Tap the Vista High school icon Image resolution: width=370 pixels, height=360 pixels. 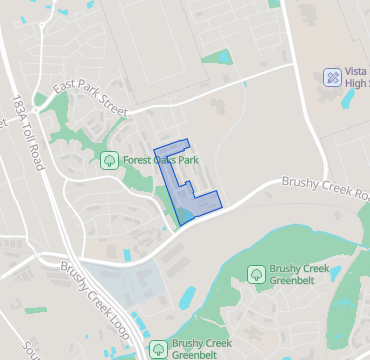pyautogui.click(x=331, y=77)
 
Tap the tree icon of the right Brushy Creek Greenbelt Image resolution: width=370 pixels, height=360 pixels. pyautogui.click(x=256, y=274)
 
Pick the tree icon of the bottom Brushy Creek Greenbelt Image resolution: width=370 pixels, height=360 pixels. pyautogui.click(x=157, y=348)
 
